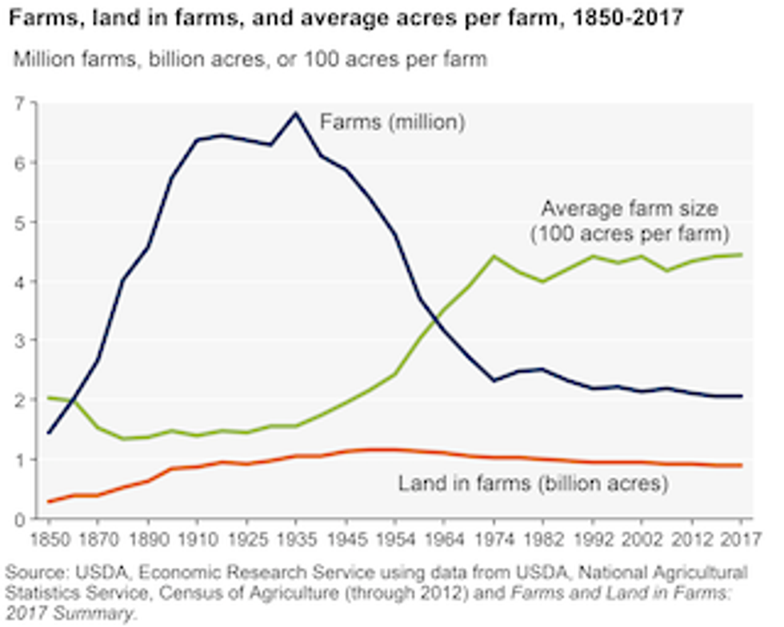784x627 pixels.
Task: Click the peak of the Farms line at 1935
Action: (x=296, y=113)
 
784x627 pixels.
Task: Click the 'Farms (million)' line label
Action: (x=392, y=122)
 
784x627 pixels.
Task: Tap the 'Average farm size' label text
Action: (x=630, y=210)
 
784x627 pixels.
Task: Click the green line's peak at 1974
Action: (x=494, y=256)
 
